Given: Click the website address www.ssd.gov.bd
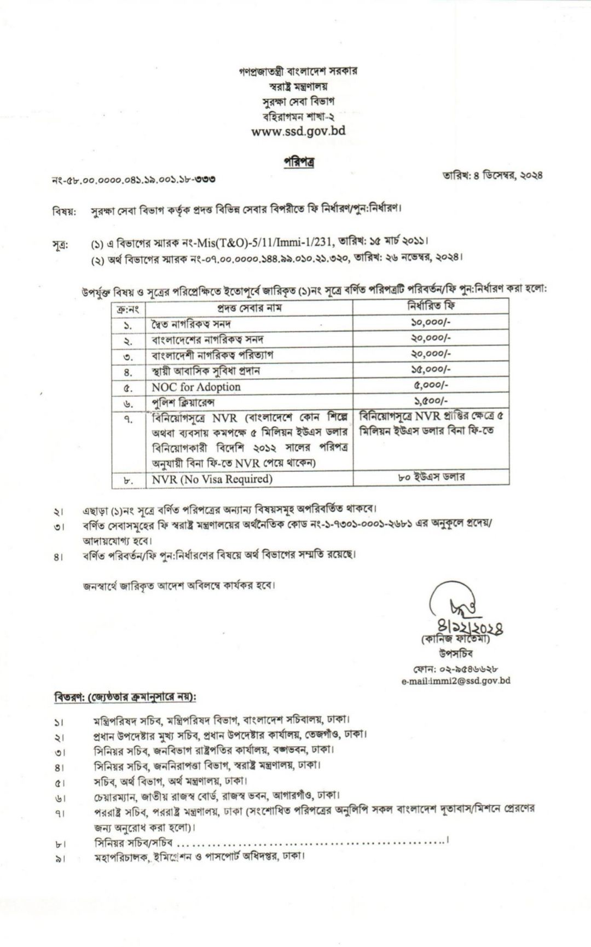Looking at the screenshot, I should (298, 131).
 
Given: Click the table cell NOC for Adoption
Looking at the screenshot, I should (196, 386).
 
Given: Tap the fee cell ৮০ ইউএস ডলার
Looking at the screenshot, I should (431, 477).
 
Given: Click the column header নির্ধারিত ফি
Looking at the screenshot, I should (431, 307).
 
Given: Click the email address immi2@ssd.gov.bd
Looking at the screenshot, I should (455, 681).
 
